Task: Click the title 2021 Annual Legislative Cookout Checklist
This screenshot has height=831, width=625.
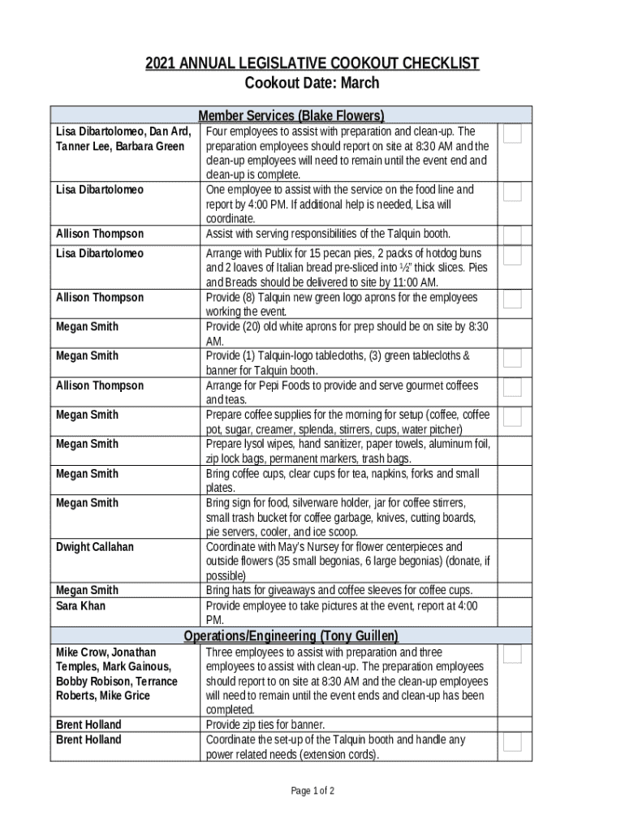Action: (312, 63)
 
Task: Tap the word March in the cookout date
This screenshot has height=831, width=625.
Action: (360, 84)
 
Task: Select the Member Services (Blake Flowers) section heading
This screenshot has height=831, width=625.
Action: (291, 115)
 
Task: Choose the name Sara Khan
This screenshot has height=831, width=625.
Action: (80, 606)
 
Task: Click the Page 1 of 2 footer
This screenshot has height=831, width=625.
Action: (312, 791)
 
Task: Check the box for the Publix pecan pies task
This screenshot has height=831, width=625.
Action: (511, 256)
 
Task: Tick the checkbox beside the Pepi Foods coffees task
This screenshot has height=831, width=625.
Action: (511, 387)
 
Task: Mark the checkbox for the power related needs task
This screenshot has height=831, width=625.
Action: (511, 743)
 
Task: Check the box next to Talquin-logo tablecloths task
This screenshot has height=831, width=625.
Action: (511, 358)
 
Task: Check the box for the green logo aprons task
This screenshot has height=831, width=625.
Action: (511, 299)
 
